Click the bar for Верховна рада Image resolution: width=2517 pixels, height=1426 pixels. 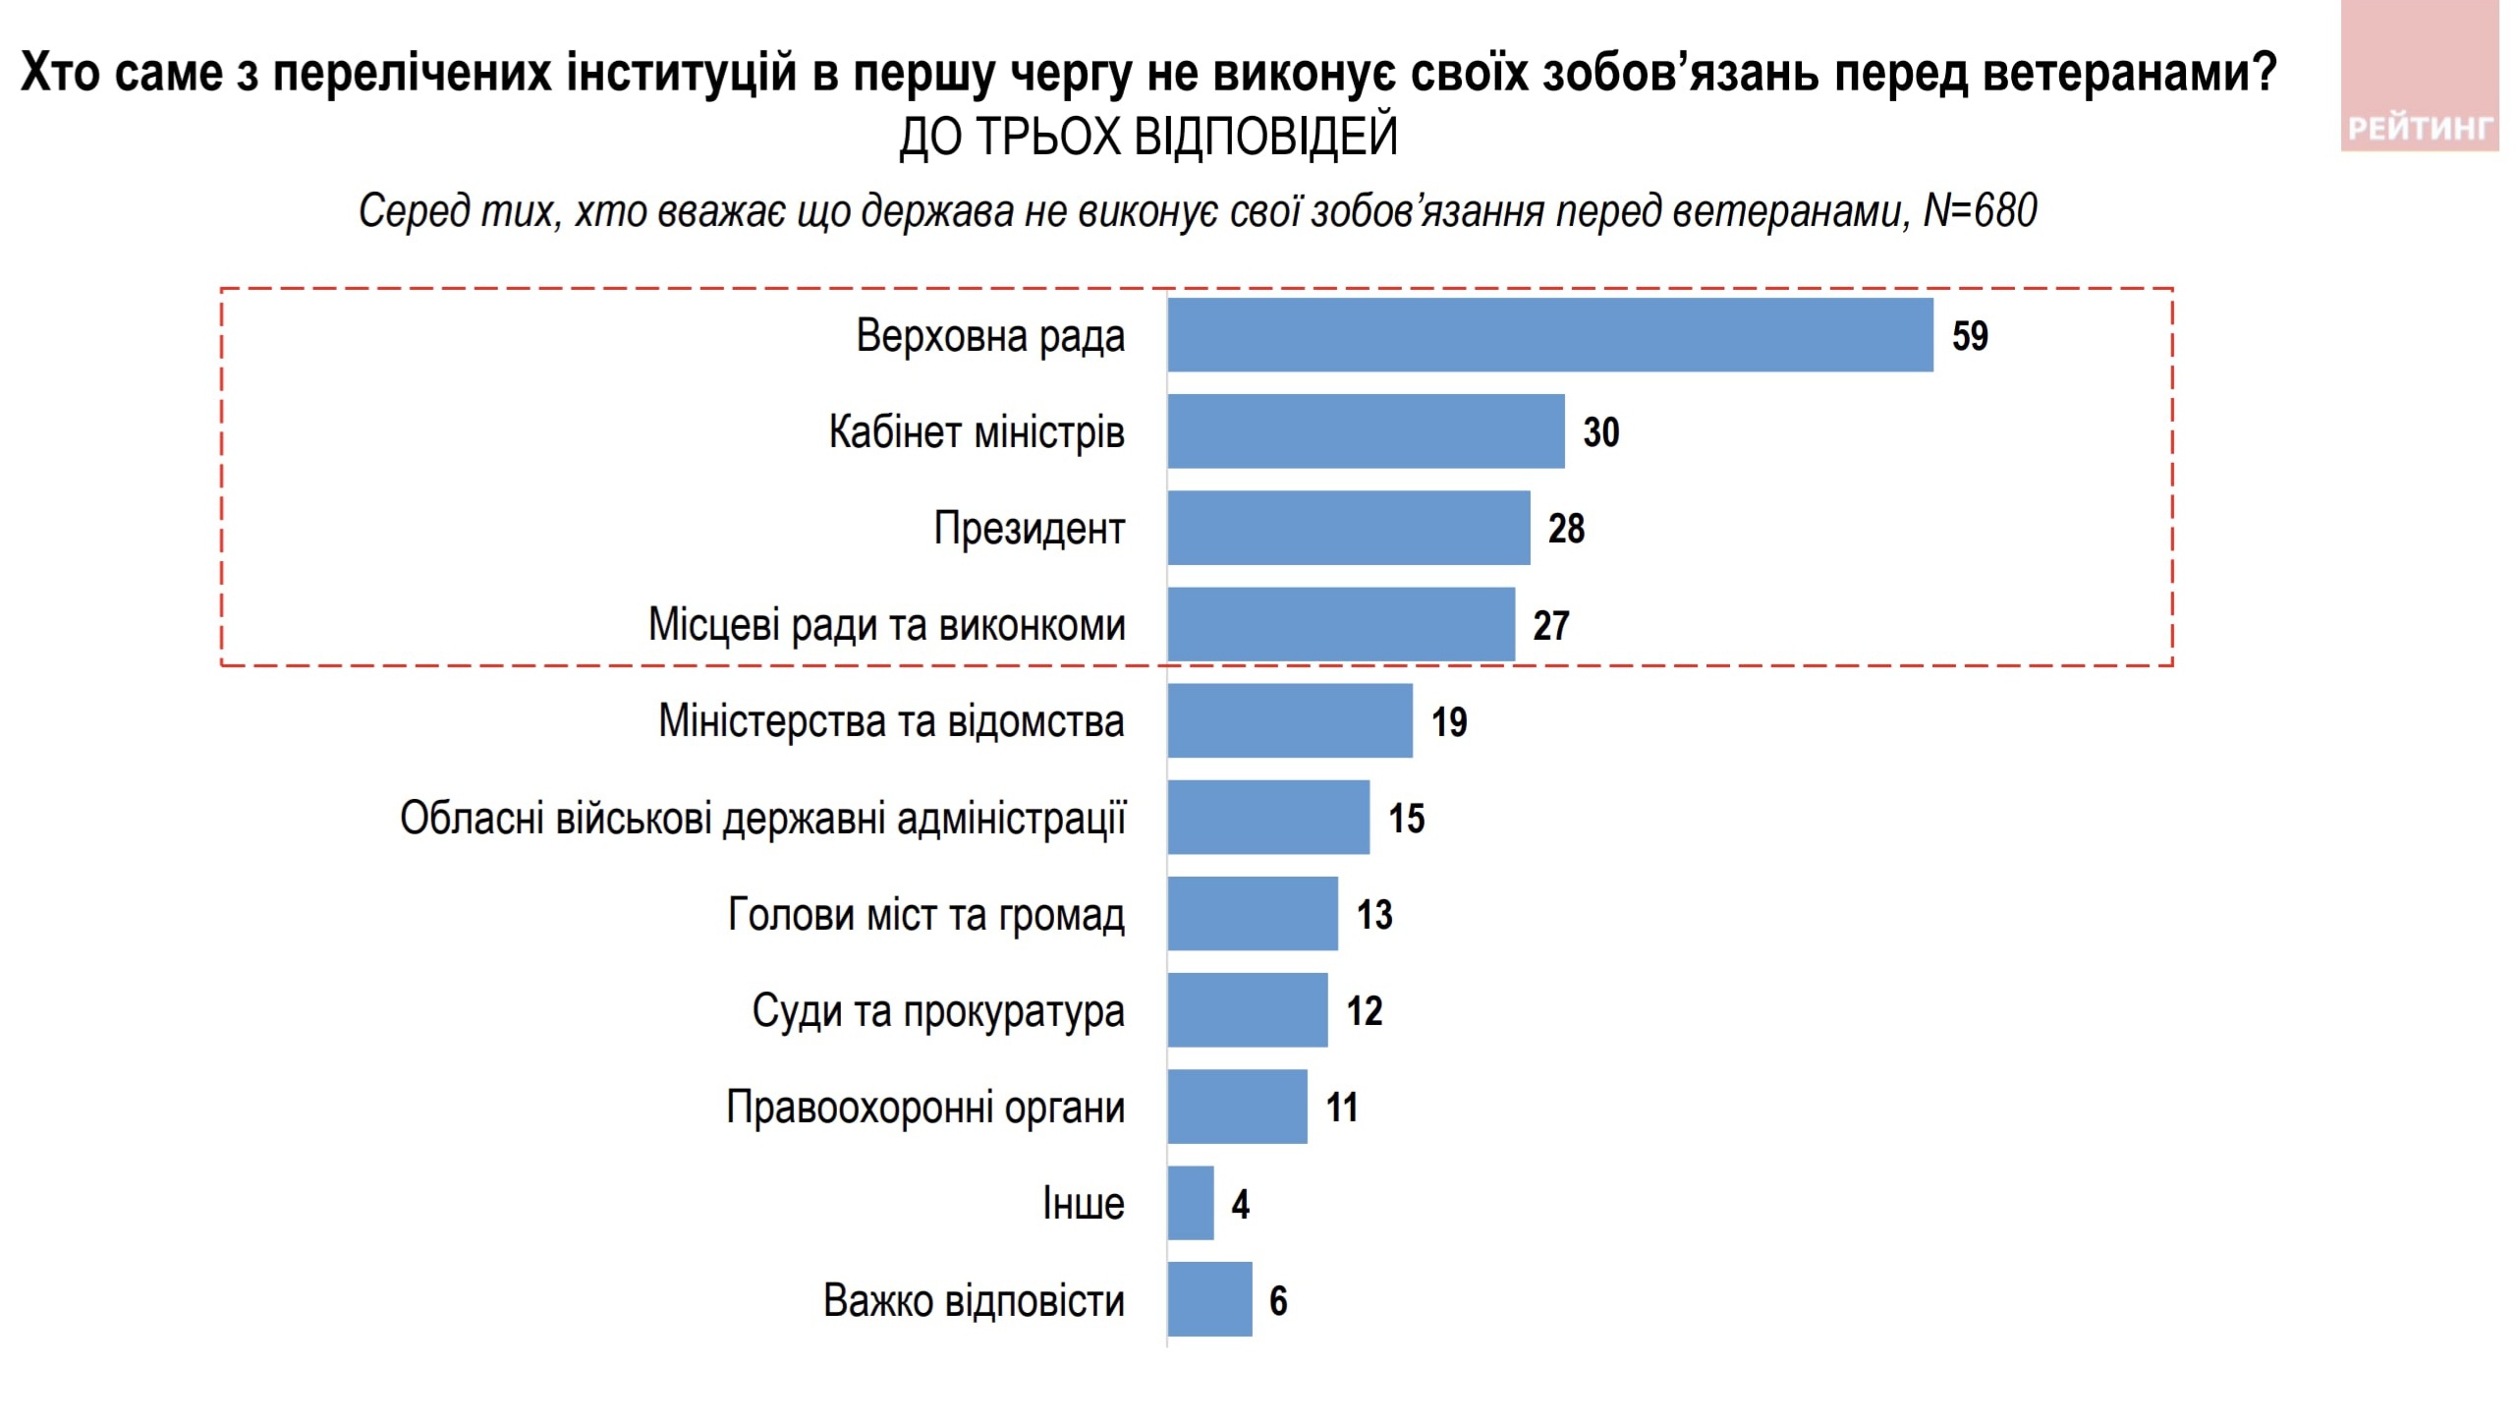click(x=1550, y=335)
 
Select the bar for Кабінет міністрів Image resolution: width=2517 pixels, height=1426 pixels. click(x=1366, y=431)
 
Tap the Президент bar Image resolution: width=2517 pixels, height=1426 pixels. click(x=1349, y=528)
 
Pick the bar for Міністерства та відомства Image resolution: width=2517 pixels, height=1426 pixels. click(x=1290, y=720)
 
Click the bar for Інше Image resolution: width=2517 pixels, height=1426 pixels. click(x=1191, y=1203)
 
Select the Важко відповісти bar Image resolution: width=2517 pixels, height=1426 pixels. click(x=1209, y=1299)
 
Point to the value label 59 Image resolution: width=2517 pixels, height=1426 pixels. click(x=1970, y=336)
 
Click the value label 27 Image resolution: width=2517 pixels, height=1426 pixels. click(x=1551, y=625)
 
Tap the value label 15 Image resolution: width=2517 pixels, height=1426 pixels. click(x=1406, y=818)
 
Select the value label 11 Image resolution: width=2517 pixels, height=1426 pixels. click(x=1341, y=1108)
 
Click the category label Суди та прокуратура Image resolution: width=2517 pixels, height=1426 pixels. click(x=938, y=1011)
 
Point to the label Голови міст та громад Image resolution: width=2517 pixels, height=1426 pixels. click(x=925, y=915)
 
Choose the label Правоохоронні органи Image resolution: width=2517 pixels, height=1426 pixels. click(x=925, y=1108)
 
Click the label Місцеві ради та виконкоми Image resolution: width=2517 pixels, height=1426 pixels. click(x=886, y=625)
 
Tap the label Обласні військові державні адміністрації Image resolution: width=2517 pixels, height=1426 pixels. click(x=762, y=818)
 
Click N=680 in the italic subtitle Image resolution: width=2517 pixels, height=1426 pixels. click(x=1980, y=210)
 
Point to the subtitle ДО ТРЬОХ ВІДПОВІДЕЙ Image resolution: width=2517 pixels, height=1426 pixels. click(x=1147, y=136)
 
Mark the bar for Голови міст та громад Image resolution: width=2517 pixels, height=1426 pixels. click(x=1253, y=914)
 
